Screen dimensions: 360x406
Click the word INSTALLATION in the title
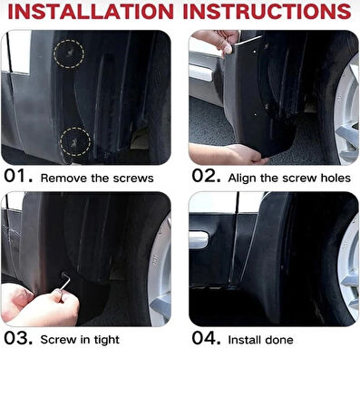click(x=91, y=12)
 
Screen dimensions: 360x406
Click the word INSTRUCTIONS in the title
click(x=267, y=12)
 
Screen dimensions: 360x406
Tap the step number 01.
click(x=18, y=176)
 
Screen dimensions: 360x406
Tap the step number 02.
click(x=206, y=176)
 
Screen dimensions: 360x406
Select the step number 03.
click(x=18, y=338)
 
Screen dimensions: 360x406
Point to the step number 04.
click(x=206, y=338)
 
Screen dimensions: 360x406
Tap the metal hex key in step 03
click(x=65, y=282)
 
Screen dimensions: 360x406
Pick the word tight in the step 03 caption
click(x=107, y=340)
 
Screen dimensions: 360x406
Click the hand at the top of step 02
click(x=217, y=41)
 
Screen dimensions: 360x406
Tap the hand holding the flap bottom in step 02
click(x=229, y=154)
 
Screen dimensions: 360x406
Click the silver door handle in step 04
click(x=199, y=240)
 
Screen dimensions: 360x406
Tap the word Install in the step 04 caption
click(x=245, y=340)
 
